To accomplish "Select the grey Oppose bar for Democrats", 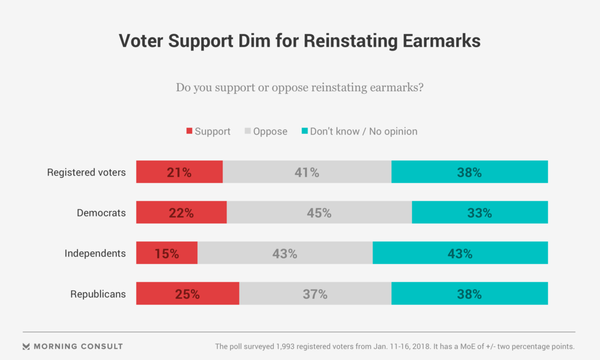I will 319,212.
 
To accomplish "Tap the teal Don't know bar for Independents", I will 460,253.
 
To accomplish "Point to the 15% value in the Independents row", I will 166,253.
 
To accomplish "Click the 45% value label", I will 319,213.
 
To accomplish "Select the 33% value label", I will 479,213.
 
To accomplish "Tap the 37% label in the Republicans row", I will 315,294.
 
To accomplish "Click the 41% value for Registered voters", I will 306,172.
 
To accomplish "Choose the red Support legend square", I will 189,131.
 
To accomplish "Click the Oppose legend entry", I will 270,131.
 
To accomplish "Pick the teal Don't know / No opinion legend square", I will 304,131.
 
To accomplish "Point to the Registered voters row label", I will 86,172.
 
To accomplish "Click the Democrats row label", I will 101,213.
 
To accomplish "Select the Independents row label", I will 95,253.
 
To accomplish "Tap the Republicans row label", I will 98,294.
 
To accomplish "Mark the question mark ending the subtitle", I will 421,88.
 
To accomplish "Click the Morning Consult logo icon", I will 26,346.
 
